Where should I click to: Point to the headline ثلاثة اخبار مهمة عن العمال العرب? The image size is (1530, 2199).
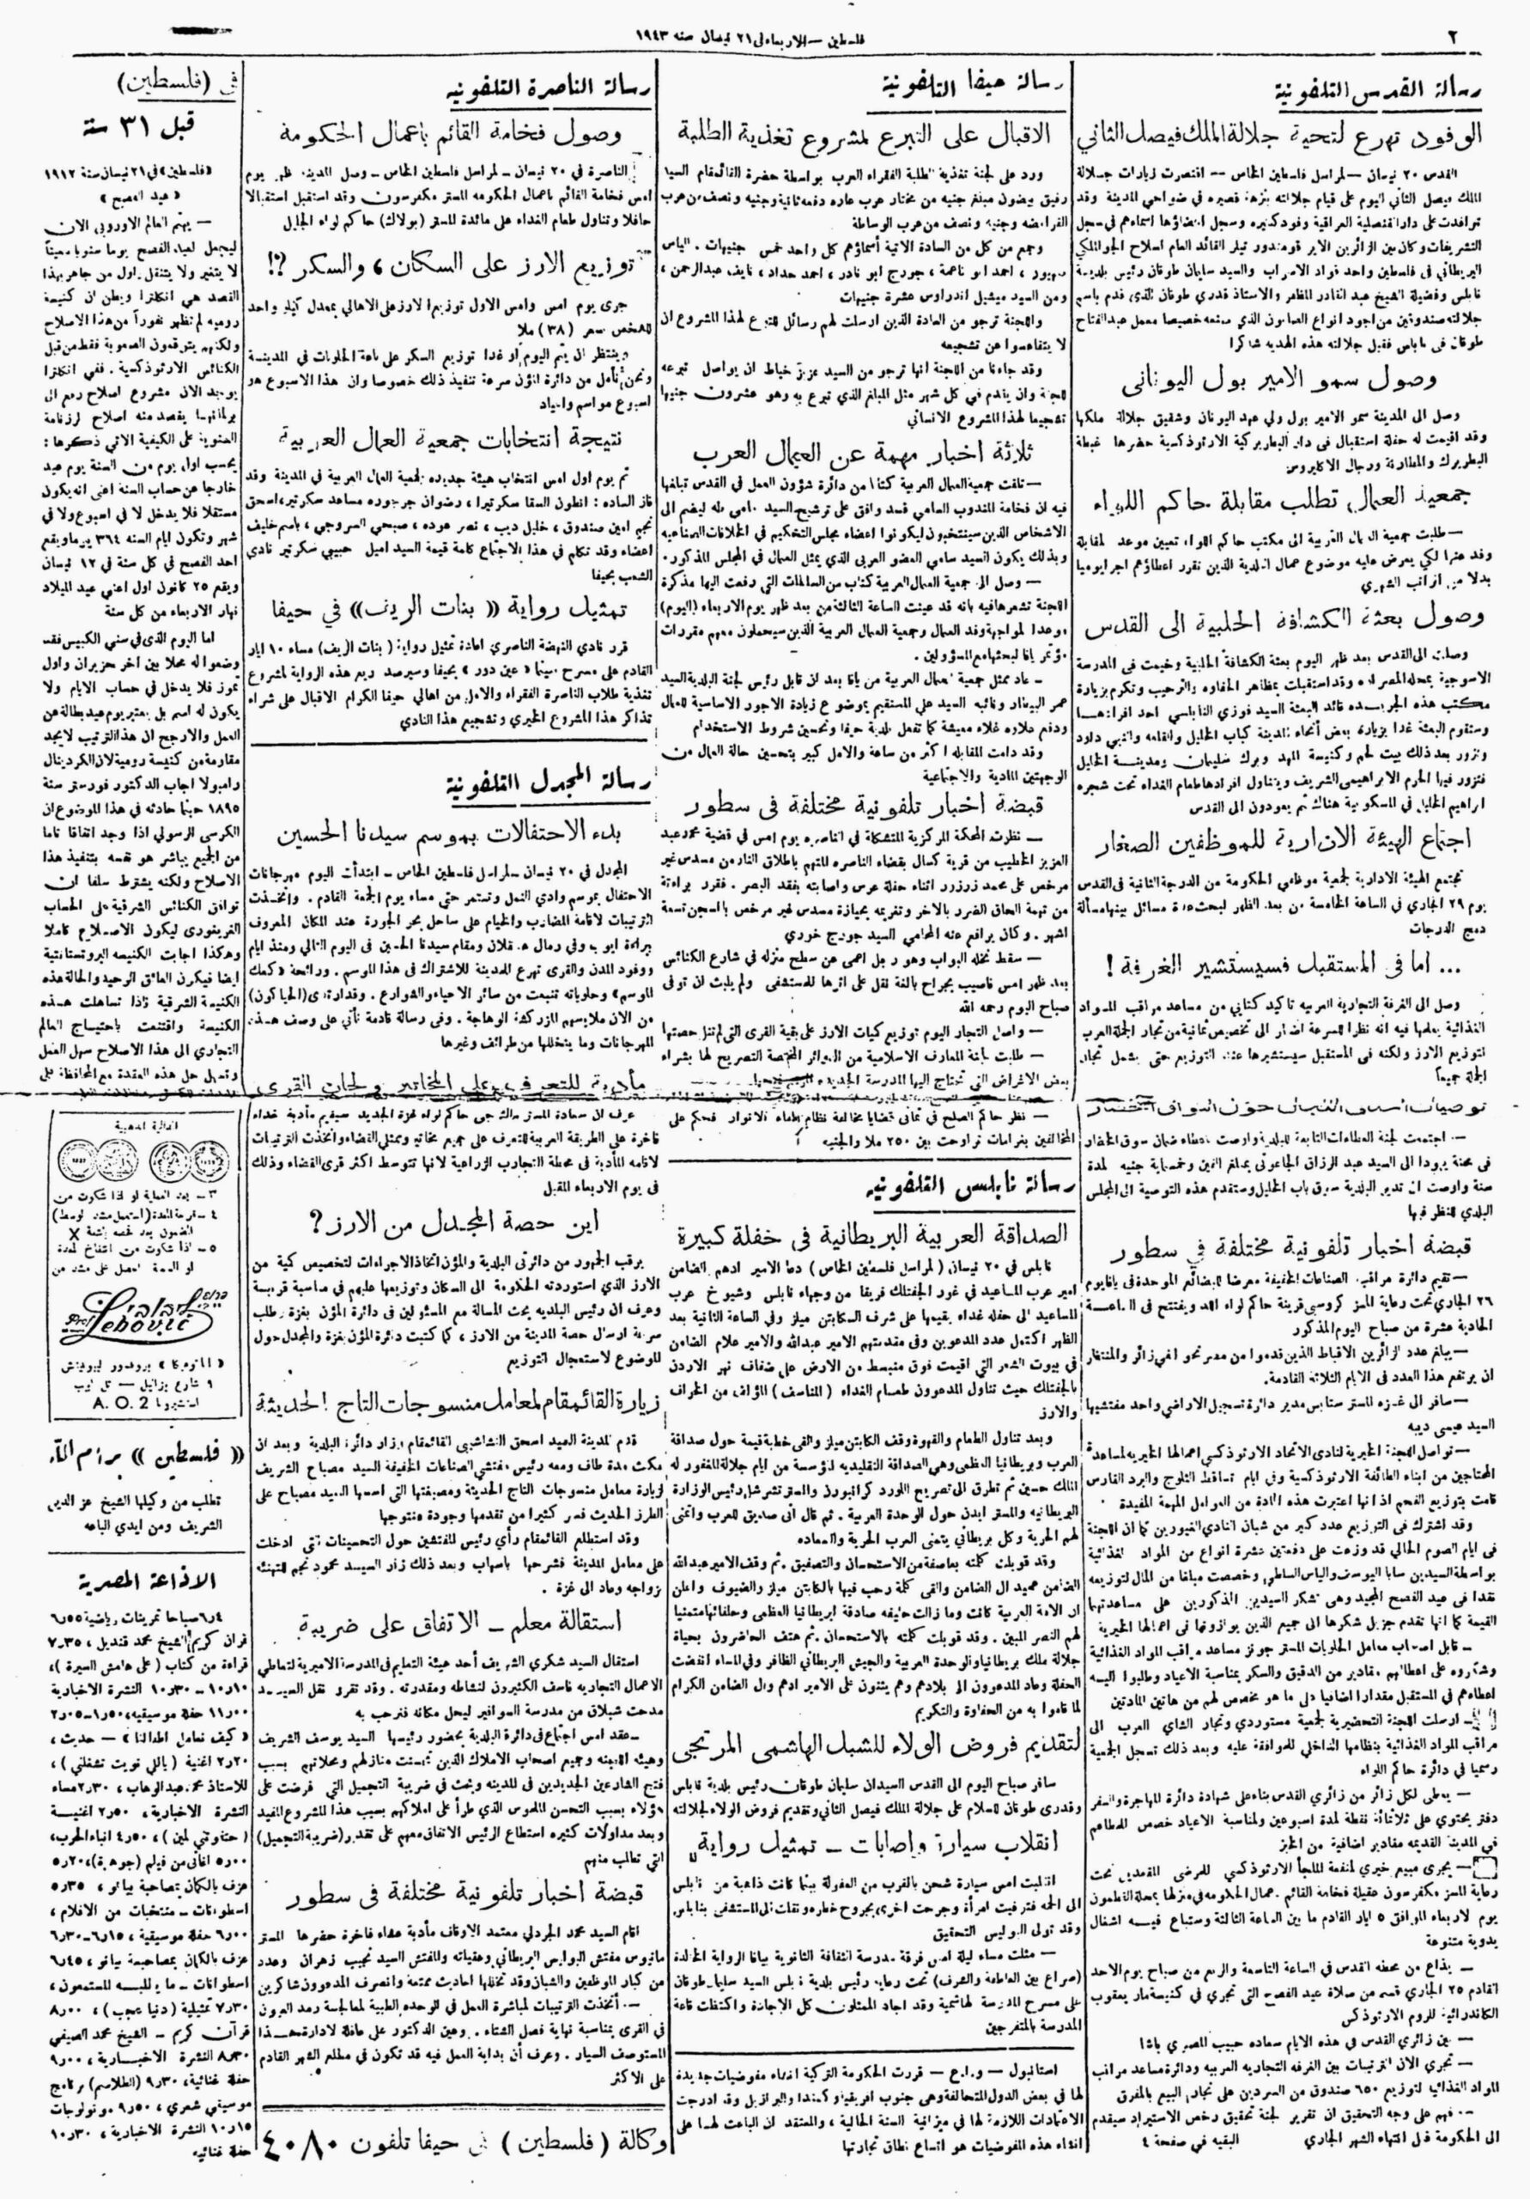pos(871,452)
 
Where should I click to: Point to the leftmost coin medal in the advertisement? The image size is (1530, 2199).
pos(81,1159)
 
